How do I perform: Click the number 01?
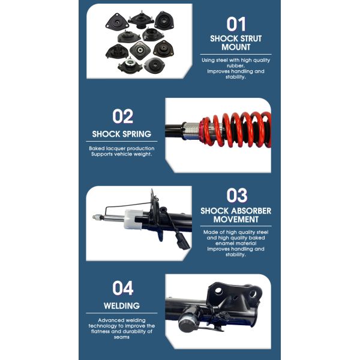click(236, 24)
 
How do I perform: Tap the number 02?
click(122, 116)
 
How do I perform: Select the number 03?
click(237, 196)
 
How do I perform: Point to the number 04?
click(122, 288)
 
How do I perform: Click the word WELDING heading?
click(122, 306)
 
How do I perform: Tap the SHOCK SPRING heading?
click(122, 134)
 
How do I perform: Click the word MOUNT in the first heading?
click(236, 47)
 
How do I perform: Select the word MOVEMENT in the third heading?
click(236, 220)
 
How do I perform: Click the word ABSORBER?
click(251, 211)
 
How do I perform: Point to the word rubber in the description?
click(236, 66)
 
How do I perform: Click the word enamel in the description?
click(224, 244)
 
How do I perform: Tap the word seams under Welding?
click(121, 337)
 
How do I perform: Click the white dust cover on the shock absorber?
click(133, 220)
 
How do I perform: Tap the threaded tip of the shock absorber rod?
click(97, 217)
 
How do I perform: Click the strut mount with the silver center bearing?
click(129, 65)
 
